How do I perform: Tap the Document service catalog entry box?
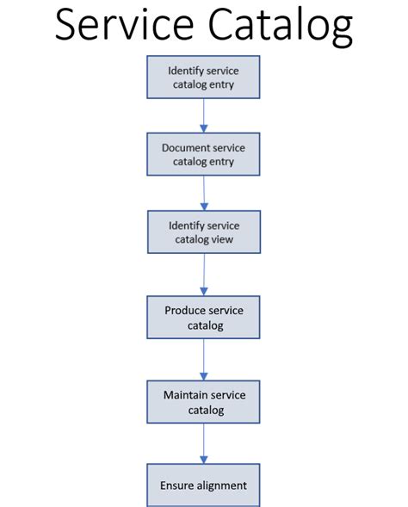tap(203, 155)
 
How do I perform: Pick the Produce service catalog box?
tap(203, 318)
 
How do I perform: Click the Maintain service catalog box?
tap(204, 402)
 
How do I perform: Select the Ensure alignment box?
tap(203, 485)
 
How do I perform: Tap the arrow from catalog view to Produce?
tap(204, 275)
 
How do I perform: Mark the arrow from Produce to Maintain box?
tap(204, 360)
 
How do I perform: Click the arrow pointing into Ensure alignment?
tap(204, 444)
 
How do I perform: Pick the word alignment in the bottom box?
tap(220, 485)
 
